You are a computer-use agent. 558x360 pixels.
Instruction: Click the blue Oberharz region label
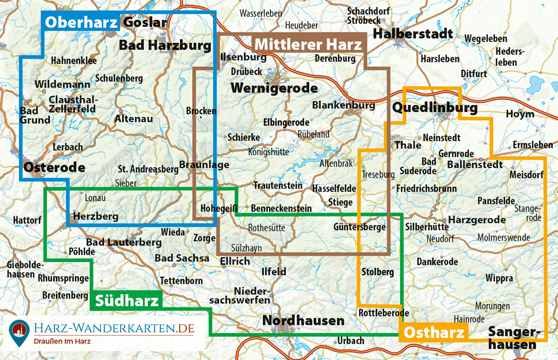(x=81, y=22)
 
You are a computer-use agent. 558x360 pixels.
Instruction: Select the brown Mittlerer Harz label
(x=308, y=45)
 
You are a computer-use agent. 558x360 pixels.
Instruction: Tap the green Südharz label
(x=126, y=301)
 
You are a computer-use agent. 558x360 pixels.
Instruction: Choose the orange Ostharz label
(x=434, y=333)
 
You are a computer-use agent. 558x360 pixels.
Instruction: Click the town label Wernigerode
(x=274, y=88)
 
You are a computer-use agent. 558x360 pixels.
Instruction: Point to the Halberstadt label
(x=412, y=34)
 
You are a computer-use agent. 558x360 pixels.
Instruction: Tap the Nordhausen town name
(x=303, y=320)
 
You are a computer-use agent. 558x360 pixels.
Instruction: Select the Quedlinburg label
(x=435, y=108)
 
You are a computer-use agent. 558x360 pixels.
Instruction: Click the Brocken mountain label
(x=201, y=111)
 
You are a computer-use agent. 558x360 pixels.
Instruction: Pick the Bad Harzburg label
(x=165, y=45)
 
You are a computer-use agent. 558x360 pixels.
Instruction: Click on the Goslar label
(x=145, y=22)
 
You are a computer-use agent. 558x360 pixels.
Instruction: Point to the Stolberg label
(x=378, y=272)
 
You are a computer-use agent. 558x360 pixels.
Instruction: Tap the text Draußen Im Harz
(x=62, y=341)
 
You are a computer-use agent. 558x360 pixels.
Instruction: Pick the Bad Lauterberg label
(x=124, y=242)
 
